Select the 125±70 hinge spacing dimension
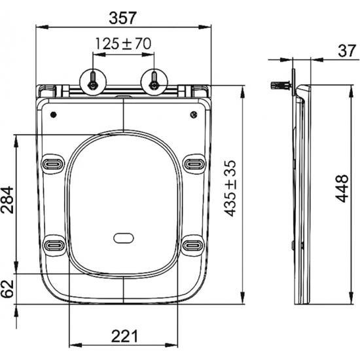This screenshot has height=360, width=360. coord(123,44)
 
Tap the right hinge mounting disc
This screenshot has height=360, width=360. coord(154,81)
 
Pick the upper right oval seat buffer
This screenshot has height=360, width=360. coord(194,162)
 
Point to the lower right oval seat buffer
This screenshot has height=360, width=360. coord(194,245)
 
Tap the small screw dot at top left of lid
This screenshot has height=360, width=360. coord(54,114)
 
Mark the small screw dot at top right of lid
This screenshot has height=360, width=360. coord(193,115)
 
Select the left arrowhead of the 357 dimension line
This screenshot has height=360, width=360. coord(38,27)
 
